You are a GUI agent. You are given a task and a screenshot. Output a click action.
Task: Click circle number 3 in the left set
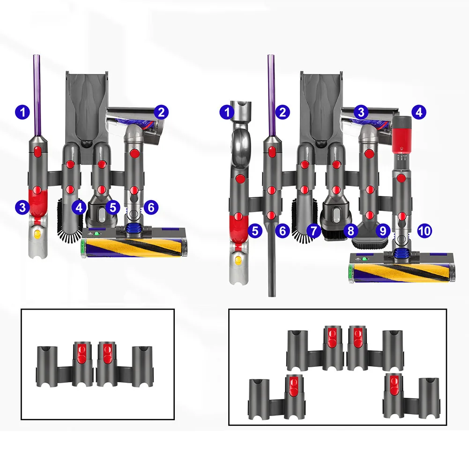point(22,207)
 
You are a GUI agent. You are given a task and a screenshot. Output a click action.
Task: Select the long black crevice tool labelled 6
point(271,262)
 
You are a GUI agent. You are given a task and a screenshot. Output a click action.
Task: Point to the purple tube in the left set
point(37,94)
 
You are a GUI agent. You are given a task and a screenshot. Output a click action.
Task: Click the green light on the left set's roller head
point(97,233)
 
